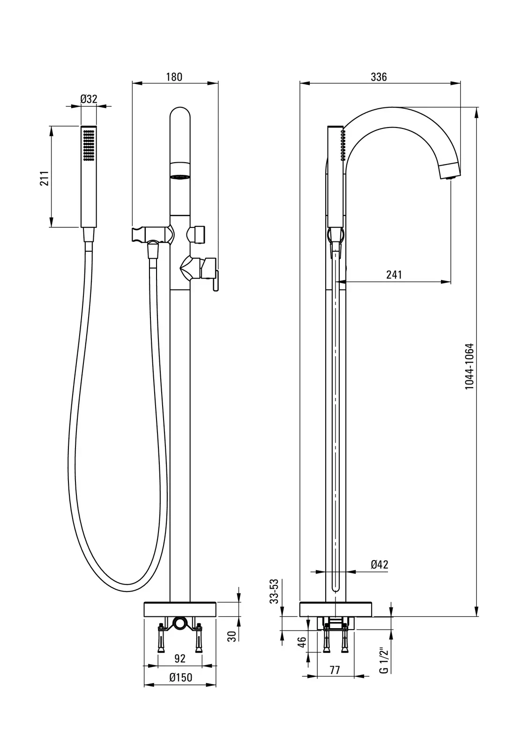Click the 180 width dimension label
click(174, 77)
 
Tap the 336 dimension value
click(379, 77)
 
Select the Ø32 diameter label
click(89, 99)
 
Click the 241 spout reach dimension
click(394, 275)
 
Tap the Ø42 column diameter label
click(380, 565)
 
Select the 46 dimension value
click(302, 642)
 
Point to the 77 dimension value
click(335, 670)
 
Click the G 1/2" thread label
click(384, 660)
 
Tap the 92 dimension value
click(180, 659)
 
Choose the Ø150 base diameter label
click(180, 677)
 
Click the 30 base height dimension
click(231, 636)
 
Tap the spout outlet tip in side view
click(450, 177)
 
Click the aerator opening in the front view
click(180, 177)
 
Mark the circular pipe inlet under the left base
click(180, 623)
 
